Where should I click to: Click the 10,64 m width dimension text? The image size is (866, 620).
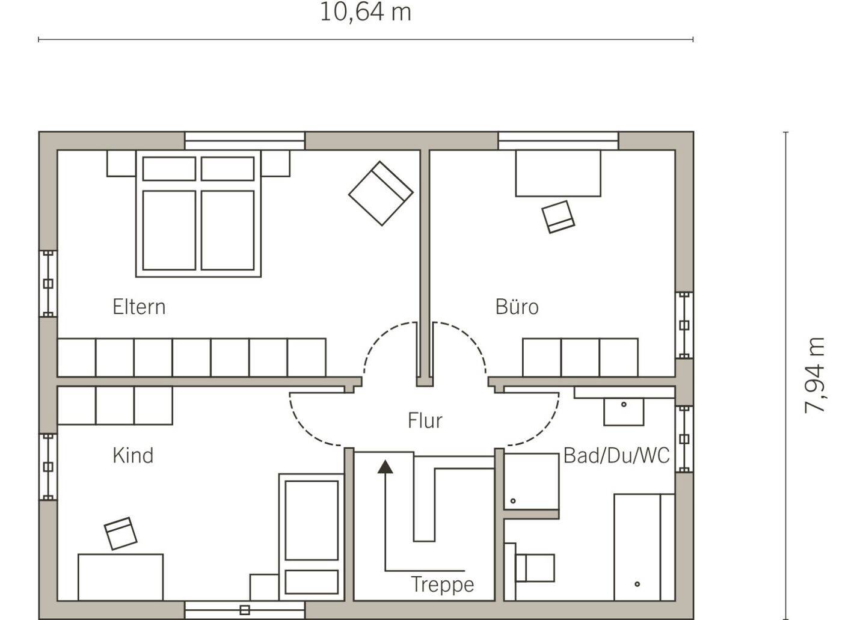(366, 13)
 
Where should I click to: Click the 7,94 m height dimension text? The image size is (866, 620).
(815, 375)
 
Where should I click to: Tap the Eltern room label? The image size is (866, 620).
(139, 307)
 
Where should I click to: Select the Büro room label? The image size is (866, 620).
(517, 307)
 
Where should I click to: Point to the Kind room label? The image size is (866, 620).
(133, 455)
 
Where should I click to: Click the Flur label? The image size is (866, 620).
(425, 420)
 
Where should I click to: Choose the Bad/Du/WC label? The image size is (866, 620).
(616, 455)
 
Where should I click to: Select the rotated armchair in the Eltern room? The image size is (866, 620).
(381, 193)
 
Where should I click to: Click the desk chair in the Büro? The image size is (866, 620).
(558, 217)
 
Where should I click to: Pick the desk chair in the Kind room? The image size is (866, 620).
(121, 533)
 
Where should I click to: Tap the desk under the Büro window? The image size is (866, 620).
(558, 173)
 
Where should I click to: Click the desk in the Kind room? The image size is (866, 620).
(121, 577)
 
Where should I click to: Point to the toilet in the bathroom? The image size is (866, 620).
(530, 568)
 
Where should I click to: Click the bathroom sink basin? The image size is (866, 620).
(624, 412)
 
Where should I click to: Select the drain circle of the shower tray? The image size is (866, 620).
(513, 501)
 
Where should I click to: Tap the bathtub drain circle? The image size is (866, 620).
(637, 584)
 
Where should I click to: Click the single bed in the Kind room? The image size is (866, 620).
(312, 537)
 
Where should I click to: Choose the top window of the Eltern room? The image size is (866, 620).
(245, 141)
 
